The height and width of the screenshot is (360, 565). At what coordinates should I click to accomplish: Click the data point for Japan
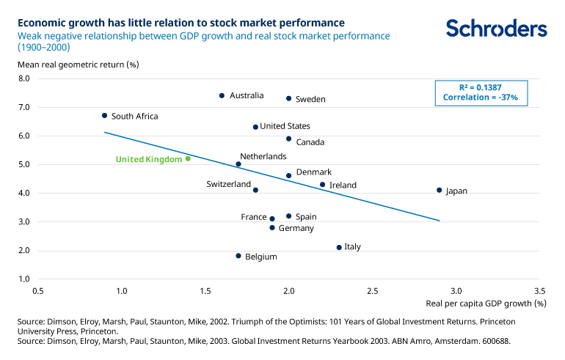439,190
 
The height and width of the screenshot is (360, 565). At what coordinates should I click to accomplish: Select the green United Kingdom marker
188,158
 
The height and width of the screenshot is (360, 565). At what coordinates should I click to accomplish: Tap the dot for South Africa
104,115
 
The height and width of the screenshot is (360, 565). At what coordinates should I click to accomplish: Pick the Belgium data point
238,256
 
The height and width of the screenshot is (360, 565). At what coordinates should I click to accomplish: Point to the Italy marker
339,247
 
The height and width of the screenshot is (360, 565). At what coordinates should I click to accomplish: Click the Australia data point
222,95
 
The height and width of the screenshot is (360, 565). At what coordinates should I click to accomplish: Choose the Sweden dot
288,98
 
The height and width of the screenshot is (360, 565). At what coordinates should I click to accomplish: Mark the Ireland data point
322,185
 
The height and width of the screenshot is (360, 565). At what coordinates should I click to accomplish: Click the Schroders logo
497,29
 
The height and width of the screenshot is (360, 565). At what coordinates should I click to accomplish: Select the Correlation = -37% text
481,97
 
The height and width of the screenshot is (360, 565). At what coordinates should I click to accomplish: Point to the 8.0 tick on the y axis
23,78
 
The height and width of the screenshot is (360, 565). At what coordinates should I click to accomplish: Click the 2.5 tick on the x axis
373,290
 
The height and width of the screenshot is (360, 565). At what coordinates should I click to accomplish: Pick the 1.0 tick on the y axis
23,279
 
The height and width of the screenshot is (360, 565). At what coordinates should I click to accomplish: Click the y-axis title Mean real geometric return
79,64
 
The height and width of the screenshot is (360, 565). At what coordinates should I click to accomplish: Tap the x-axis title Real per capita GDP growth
486,302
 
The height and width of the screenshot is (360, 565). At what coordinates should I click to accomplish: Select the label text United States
285,126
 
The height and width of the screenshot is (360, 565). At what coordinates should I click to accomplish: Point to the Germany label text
296,228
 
